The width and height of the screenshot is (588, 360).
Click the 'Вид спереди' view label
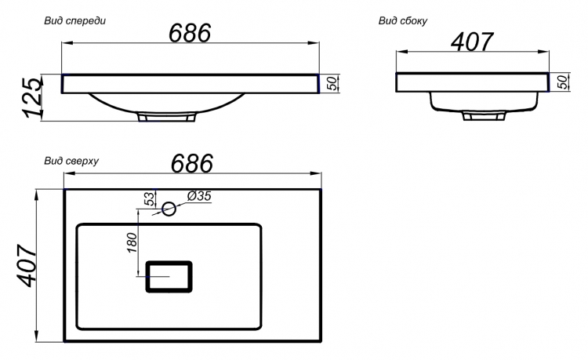point(75,20)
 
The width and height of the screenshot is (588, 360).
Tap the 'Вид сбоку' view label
point(403,20)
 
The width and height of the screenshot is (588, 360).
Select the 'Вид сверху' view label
point(71,162)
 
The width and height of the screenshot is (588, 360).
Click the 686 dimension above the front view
point(191,33)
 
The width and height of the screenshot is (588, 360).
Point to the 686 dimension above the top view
point(192,163)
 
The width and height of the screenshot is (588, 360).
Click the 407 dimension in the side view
point(472,42)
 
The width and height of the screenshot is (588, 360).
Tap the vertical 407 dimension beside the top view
point(27,266)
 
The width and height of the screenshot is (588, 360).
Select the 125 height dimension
point(33,97)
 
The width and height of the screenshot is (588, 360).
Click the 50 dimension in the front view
point(332,83)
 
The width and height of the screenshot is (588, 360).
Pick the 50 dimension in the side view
point(563,82)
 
